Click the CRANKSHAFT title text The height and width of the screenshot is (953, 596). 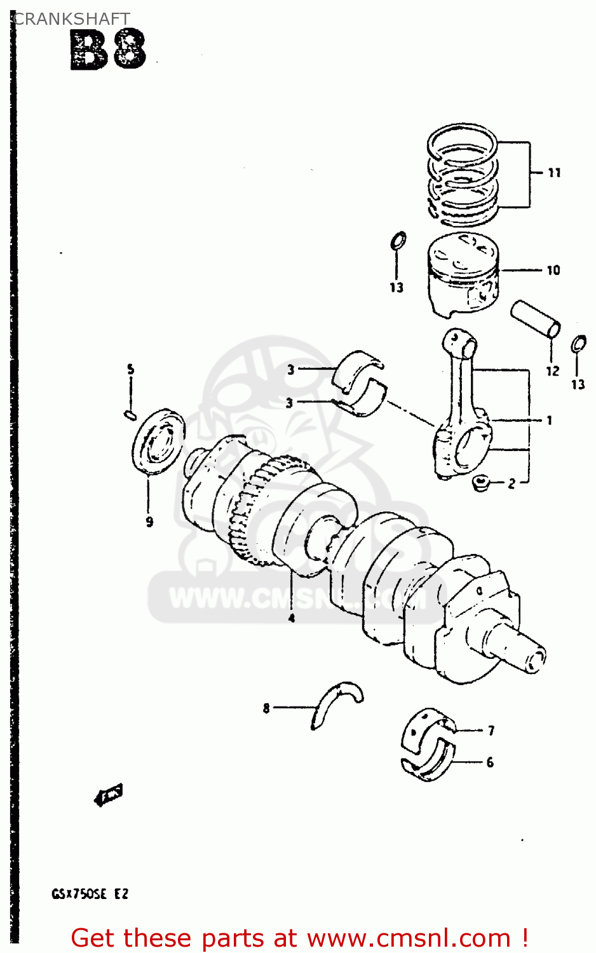coord(71,19)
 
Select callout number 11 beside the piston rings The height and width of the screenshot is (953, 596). coord(554,172)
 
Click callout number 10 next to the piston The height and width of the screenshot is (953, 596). coord(553,270)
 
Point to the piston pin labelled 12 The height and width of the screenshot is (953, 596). coord(536,319)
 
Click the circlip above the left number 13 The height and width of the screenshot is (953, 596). coord(398,241)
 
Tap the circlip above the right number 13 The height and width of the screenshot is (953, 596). coord(578,344)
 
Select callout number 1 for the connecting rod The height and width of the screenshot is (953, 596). coord(549,420)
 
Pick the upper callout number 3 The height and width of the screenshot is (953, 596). coord(290,369)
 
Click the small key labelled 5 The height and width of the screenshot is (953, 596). coord(130,416)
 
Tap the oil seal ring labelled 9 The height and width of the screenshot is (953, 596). coord(159,442)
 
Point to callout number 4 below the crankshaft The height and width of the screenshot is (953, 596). coord(292,618)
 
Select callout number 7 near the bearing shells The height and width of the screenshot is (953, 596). coord(491,731)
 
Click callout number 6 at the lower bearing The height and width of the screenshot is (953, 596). coord(490,762)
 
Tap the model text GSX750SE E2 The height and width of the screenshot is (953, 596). coord(90,894)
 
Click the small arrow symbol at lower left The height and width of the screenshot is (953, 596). coord(108,794)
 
